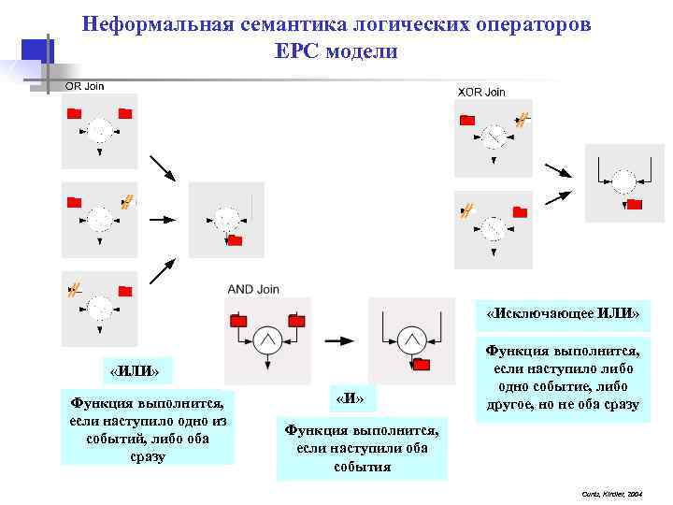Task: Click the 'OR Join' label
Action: click(x=84, y=86)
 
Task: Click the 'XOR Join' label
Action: click(x=480, y=92)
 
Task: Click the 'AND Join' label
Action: click(x=253, y=289)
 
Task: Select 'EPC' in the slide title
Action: click(x=298, y=51)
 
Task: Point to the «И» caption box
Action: click(x=349, y=399)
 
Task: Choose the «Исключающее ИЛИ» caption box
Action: click(x=563, y=313)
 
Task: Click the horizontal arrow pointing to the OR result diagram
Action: click(x=163, y=220)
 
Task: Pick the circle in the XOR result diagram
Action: click(x=623, y=180)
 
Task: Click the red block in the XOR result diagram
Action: click(x=635, y=204)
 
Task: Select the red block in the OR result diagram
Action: click(x=235, y=241)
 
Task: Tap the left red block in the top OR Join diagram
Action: click(x=75, y=114)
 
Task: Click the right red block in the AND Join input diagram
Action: click(x=295, y=322)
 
